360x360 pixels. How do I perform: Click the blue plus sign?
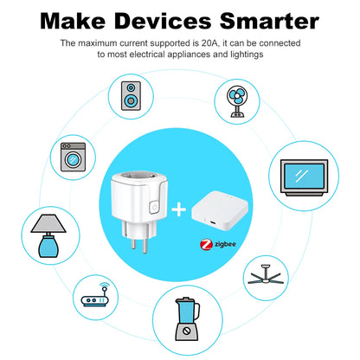pyautogui.click(x=180, y=209)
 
